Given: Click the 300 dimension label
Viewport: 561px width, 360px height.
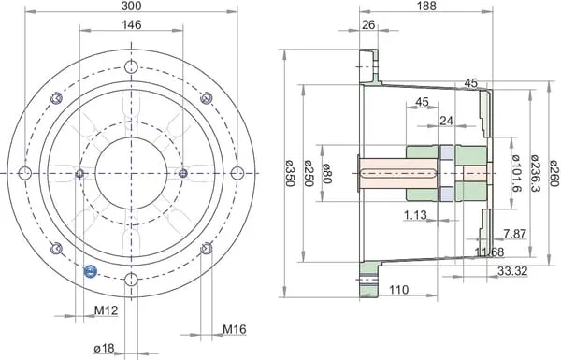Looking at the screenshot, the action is [131, 6].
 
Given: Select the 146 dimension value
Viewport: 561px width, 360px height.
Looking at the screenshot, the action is [132, 24].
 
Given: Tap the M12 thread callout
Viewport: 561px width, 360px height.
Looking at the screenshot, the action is [106, 310].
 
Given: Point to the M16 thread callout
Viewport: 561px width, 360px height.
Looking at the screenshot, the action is [235, 329].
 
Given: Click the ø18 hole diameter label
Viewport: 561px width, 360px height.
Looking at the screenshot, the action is [104, 348].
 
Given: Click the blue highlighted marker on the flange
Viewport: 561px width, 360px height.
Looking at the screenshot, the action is [90, 271].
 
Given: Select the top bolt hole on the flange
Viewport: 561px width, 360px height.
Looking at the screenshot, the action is [131, 67].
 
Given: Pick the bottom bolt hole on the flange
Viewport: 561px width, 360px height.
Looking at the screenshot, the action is [131, 280].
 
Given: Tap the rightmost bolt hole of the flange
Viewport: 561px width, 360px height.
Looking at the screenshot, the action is [237, 173].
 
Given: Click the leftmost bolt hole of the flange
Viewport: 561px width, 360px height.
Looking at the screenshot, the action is [25, 173].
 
